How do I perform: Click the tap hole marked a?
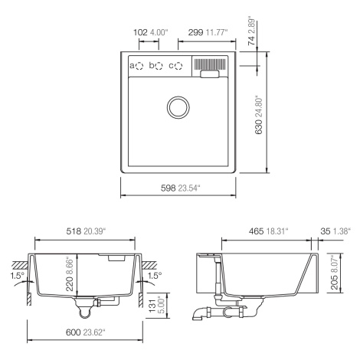(139, 66)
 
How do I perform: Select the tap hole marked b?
(159, 66)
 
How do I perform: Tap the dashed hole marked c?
(178, 66)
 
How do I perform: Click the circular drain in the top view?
(178, 107)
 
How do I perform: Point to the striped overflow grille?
(210, 64)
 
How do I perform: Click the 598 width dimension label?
(169, 188)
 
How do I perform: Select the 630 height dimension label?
(258, 126)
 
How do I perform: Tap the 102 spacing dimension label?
(140, 32)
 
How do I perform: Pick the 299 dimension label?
(195, 32)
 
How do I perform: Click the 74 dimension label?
(251, 41)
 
